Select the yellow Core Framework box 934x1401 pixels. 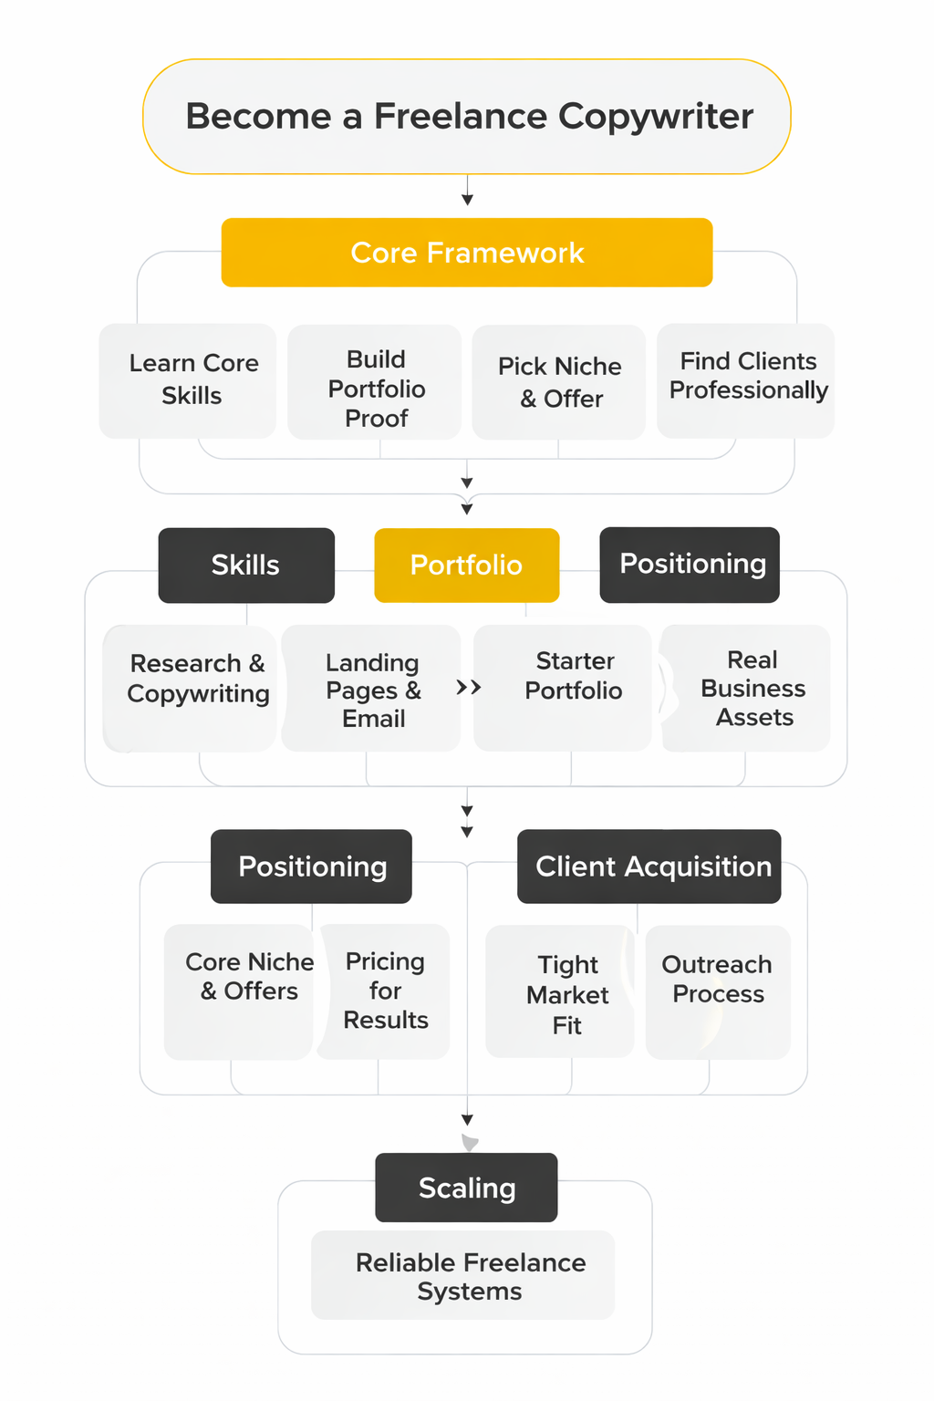click(467, 253)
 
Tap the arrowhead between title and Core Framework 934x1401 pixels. click(467, 200)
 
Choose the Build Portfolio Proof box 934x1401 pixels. click(375, 382)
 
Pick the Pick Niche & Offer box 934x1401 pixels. click(559, 382)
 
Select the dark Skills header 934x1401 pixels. click(246, 566)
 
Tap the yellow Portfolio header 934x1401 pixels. click(466, 566)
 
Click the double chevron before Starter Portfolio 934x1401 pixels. click(469, 688)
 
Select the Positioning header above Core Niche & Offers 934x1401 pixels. click(311, 867)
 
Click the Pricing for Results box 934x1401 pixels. click(385, 991)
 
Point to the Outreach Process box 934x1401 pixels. click(718, 992)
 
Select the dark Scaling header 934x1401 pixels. click(466, 1188)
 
